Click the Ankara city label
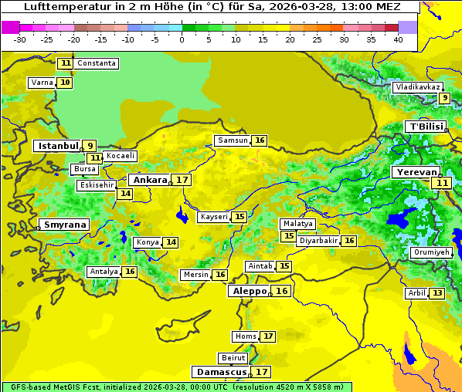(150, 180)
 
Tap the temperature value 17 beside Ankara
(182, 180)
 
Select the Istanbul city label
(58, 145)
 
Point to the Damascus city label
(221, 372)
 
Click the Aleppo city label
(248, 291)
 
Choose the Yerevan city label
(416, 172)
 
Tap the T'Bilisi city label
(425, 127)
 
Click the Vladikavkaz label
(417, 87)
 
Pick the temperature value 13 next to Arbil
(437, 293)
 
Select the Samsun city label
(232, 140)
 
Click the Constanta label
(97, 63)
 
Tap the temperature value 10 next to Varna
(65, 83)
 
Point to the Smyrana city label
(65, 225)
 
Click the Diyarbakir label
(318, 241)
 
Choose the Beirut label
(233, 358)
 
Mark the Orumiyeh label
(430, 252)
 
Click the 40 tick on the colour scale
(398, 39)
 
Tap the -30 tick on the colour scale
(19, 39)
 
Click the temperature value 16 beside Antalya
(130, 272)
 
